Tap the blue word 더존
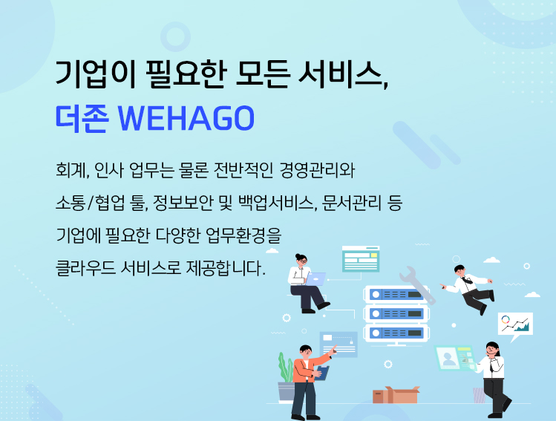click(x=82, y=118)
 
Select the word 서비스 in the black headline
click(x=342, y=74)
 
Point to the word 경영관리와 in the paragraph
click(x=317, y=170)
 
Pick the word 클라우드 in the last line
click(x=86, y=267)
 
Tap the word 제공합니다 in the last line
click(x=225, y=267)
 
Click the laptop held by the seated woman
click(x=315, y=278)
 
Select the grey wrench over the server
click(x=417, y=285)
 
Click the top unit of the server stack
click(x=396, y=294)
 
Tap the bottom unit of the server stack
click(x=396, y=333)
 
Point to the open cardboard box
click(x=396, y=395)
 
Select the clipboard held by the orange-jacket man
click(x=322, y=373)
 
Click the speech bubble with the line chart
click(x=515, y=325)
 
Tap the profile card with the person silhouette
click(x=455, y=358)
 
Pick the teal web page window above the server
click(x=361, y=259)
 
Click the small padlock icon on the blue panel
click(x=351, y=342)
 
